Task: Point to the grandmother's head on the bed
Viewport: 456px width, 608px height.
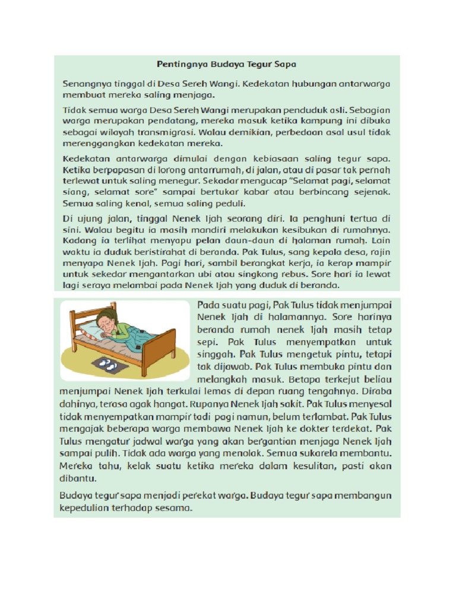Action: (107, 321)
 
